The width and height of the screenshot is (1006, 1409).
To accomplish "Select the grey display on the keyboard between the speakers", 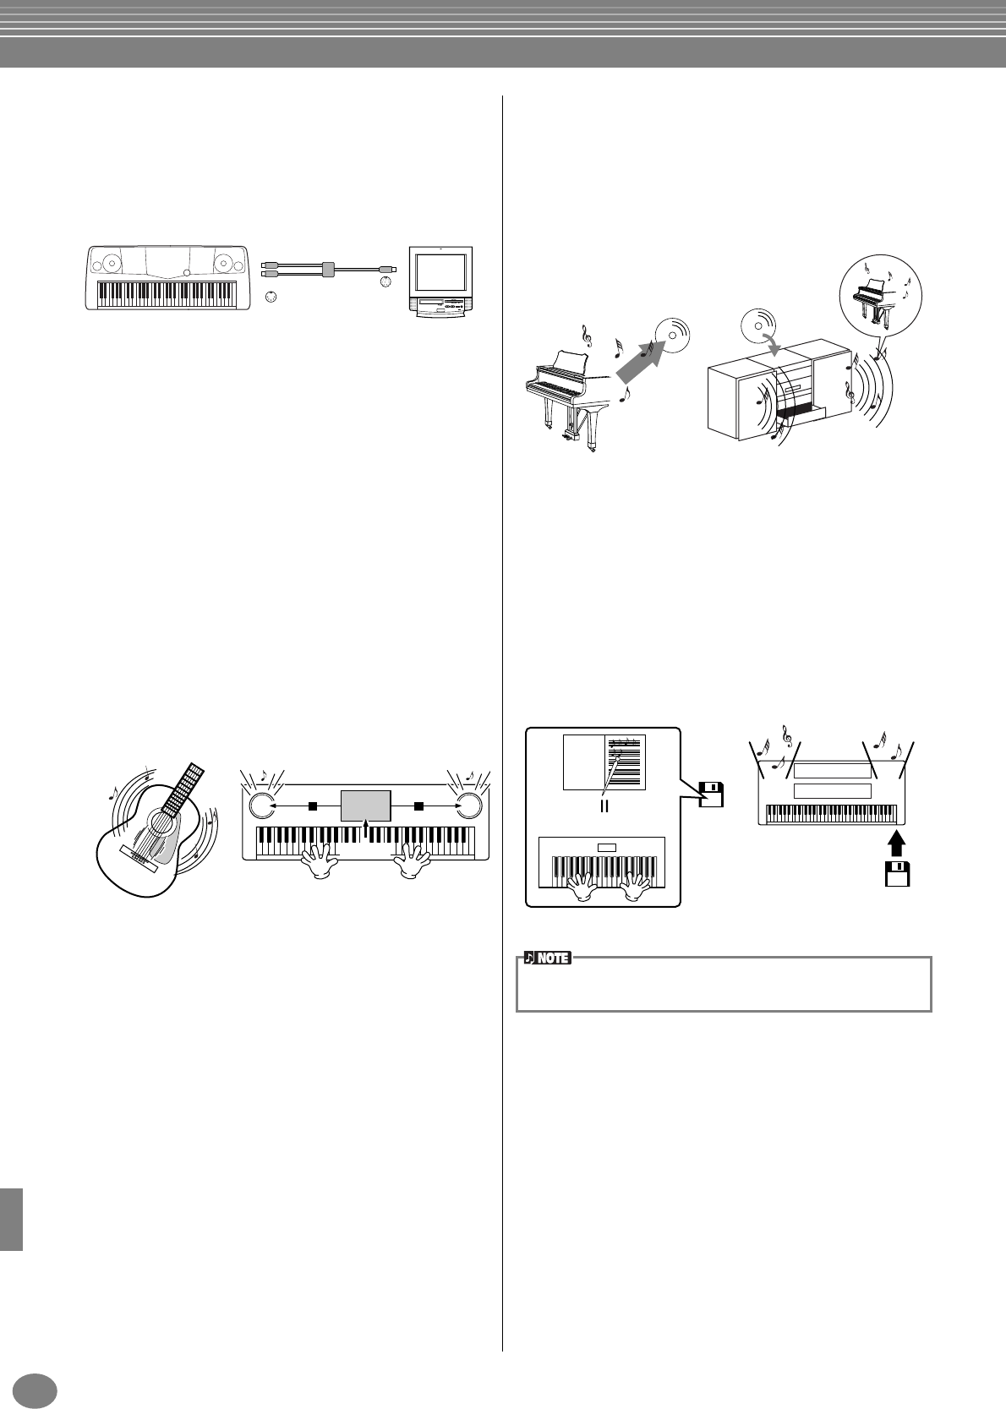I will click(x=365, y=806).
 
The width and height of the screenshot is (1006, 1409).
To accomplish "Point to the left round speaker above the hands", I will click(x=261, y=806).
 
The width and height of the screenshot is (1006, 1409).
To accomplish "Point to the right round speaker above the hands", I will click(x=469, y=806).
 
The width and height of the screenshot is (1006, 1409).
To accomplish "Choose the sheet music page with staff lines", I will click(x=626, y=762).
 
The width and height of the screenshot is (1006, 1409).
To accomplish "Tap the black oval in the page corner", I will click(x=36, y=1389).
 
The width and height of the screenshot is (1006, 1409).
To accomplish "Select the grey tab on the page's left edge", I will click(x=11, y=1218).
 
